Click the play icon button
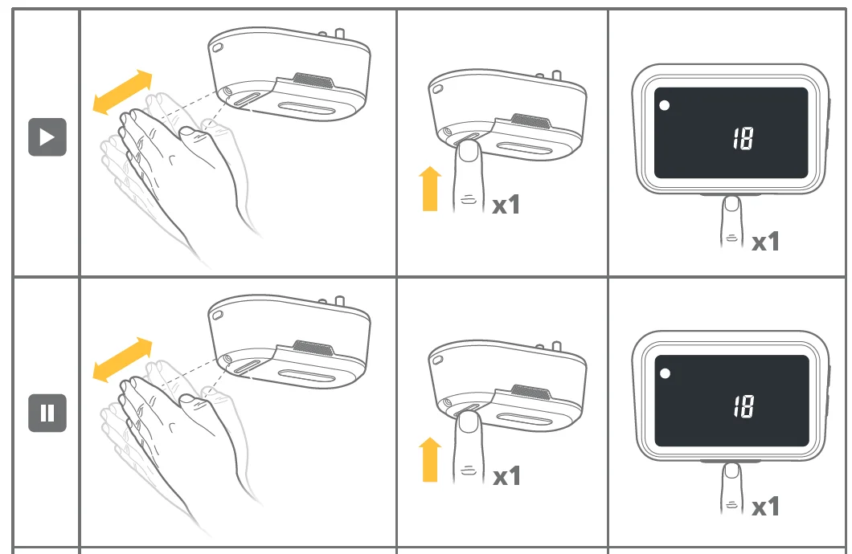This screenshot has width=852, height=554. click(x=47, y=136)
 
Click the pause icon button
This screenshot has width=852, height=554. click(x=47, y=413)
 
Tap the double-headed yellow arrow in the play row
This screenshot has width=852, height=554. click(x=122, y=92)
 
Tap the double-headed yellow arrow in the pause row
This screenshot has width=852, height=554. click(x=122, y=360)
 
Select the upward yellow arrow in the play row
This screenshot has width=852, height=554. click(x=430, y=189)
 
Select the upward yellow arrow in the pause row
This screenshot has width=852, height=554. click(x=430, y=459)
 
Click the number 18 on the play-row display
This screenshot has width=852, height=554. click(x=743, y=138)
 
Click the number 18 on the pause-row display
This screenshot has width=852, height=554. click(x=743, y=406)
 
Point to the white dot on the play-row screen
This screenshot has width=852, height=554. click(x=664, y=105)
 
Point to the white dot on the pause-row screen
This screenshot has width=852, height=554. click(x=665, y=373)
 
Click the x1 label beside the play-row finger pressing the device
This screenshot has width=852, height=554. click(x=506, y=205)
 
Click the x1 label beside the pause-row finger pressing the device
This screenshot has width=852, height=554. click(x=506, y=476)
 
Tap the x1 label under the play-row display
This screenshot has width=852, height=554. click(x=766, y=242)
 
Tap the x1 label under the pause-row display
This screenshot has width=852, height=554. click(x=766, y=507)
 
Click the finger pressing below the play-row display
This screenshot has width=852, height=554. click(x=731, y=222)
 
